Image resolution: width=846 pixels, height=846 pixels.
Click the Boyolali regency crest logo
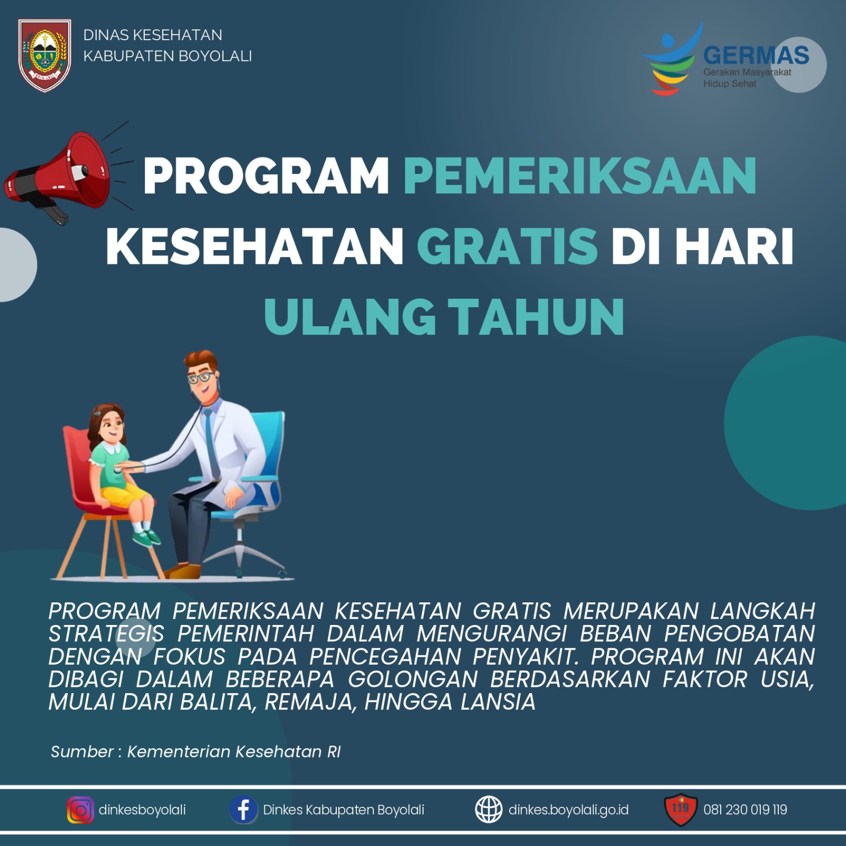(x=44, y=55)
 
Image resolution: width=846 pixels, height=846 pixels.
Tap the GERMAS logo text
(x=756, y=55)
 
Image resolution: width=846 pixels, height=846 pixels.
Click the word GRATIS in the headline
(x=507, y=246)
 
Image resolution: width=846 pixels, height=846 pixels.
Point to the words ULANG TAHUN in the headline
(x=444, y=317)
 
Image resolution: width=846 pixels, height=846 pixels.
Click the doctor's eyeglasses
(x=201, y=378)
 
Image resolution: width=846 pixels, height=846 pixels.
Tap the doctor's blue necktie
(x=212, y=444)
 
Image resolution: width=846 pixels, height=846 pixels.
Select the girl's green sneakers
(x=145, y=536)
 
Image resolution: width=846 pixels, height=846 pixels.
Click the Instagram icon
(x=80, y=810)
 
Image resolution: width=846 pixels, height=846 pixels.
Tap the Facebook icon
(x=243, y=810)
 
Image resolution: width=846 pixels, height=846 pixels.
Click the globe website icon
(x=489, y=810)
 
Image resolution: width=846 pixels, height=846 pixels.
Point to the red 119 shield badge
(x=681, y=810)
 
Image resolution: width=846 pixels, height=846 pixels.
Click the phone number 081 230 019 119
(x=745, y=810)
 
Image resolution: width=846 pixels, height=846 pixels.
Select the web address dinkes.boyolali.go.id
(x=568, y=810)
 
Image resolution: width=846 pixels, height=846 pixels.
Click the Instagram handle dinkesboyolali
(x=142, y=810)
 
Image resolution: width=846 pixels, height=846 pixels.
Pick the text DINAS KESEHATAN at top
(x=153, y=35)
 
